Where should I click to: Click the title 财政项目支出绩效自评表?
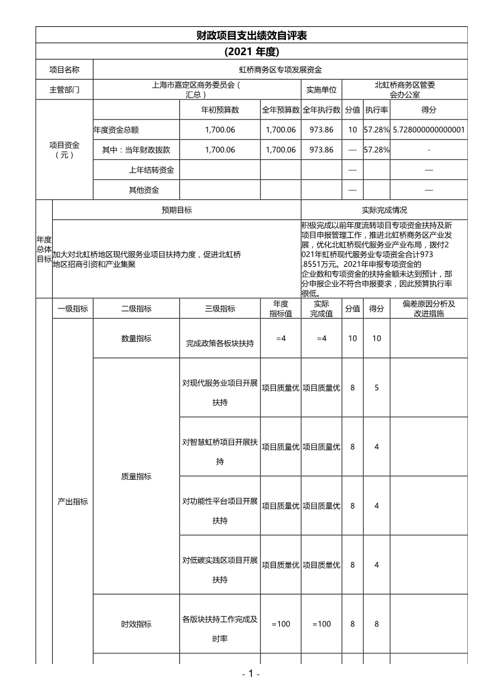(x=251, y=35)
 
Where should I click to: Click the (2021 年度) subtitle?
(x=251, y=51)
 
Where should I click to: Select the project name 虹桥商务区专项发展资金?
(x=280, y=70)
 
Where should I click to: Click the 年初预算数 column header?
(x=220, y=110)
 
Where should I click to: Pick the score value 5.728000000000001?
(x=429, y=130)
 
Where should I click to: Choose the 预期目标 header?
(x=177, y=210)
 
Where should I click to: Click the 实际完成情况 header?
(x=384, y=210)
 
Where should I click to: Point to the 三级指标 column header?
(x=220, y=308)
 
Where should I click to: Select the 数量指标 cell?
(x=136, y=338)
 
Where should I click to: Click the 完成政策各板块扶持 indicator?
(x=220, y=343)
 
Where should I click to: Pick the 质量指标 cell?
(x=136, y=476)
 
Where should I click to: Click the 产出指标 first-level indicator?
(x=73, y=501)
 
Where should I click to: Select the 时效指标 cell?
(x=136, y=624)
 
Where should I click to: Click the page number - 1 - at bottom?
(x=251, y=674)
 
